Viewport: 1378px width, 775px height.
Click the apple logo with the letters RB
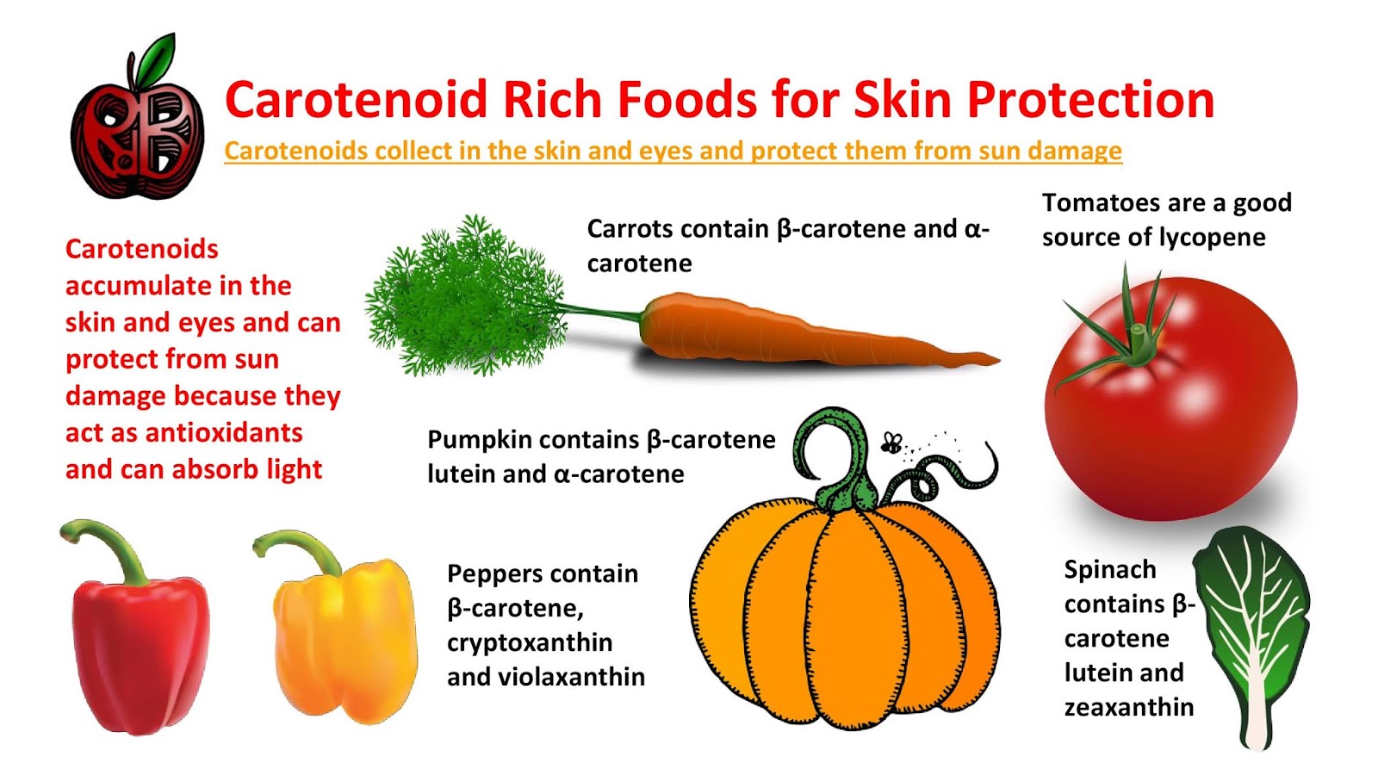coord(138,138)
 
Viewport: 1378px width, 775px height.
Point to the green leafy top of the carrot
coord(465,297)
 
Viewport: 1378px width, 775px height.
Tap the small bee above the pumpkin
coord(891,444)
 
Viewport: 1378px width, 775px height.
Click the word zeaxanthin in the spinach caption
coord(1128,708)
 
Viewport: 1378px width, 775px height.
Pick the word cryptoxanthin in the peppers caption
coord(530,643)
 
